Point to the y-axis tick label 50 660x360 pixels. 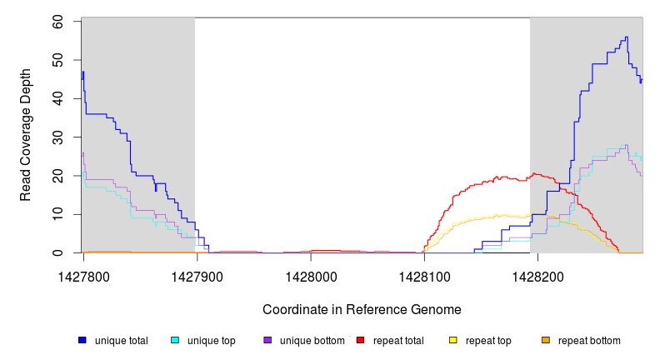pos(58,60)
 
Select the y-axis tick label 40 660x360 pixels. pos(58,98)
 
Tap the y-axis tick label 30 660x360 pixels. pos(58,137)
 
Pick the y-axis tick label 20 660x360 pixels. pos(58,176)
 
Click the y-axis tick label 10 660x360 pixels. pos(58,214)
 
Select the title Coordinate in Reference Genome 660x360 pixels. pos(362,309)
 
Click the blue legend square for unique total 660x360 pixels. pos(82,341)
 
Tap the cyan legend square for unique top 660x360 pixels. pos(175,341)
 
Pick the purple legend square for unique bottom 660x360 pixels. pos(267,341)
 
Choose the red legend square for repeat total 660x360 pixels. pos(360,341)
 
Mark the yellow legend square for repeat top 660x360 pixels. pos(453,341)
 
